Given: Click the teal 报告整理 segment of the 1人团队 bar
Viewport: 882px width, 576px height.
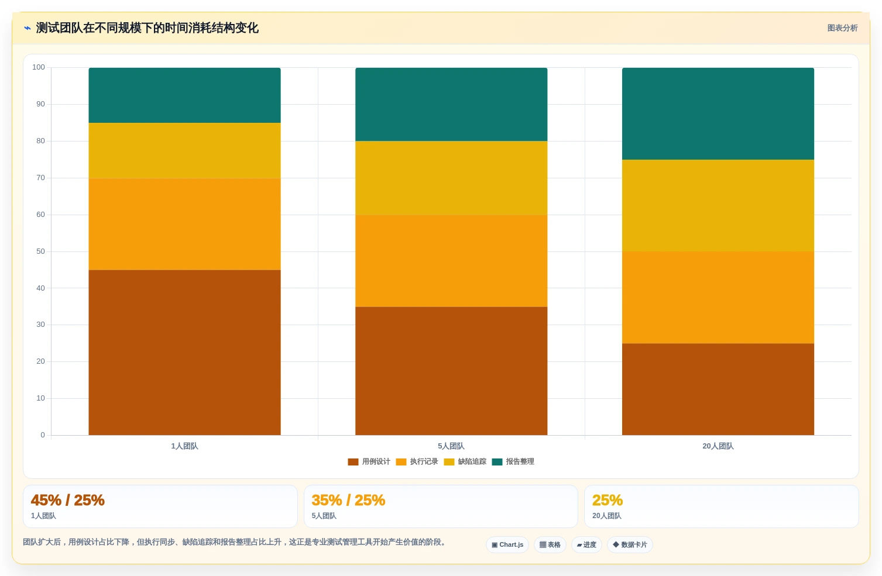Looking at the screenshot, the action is click(x=185, y=95).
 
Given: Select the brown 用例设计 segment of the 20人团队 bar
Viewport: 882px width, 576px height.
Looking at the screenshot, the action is click(x=718, y=389).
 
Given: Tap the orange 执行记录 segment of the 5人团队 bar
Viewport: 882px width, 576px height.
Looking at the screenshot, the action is click(x=451, y=261).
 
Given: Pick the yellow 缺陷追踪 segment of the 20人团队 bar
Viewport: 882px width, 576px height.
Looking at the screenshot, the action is click(x=718, y=205).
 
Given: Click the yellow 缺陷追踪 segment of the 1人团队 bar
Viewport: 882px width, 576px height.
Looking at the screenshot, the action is click(x=185, y=150).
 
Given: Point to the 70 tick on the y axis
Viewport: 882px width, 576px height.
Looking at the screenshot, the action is click(x=40, y=178).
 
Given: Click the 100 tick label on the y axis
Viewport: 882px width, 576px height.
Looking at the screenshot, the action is click(x=39, y=67).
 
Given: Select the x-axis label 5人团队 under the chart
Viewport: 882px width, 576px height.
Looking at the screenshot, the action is click(x=451, y=446).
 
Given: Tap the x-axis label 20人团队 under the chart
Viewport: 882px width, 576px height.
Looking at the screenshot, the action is click(x=718, y=446).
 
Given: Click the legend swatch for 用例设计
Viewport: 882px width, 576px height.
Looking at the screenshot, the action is click(x=353, y=462).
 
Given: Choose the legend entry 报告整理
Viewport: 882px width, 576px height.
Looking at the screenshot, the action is click(x=513, y=462).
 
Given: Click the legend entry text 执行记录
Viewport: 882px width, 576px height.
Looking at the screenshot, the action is click(x=424, y=462).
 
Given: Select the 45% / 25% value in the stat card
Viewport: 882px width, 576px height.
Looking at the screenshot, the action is click(x=68, y=501).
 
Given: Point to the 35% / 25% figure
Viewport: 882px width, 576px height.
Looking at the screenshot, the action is click(x=348, y=501).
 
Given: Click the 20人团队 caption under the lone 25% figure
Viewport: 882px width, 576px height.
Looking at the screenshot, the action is click(x=607, y=516).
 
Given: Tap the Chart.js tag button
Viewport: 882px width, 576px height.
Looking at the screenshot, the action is click(x=507, y=545).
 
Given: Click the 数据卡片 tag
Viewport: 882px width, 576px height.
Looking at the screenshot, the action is click(x=630, y=545).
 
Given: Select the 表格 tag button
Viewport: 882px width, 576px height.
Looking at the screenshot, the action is click(x=550, y=545).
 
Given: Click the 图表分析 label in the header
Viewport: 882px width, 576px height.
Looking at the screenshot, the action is click(x=842, y=28).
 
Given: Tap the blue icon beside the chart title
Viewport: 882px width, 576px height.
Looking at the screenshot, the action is click(x=27, y=28).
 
